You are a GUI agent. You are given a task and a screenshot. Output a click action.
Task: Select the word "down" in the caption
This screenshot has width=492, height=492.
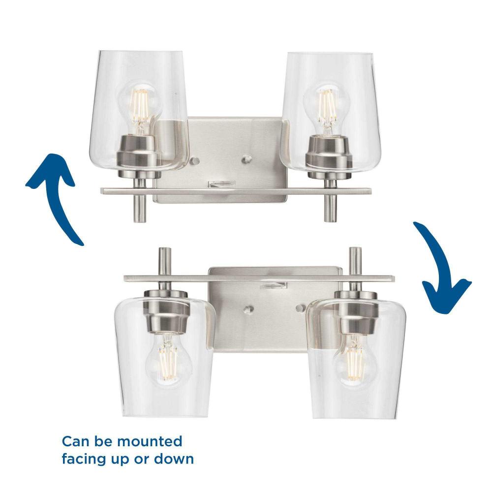174,459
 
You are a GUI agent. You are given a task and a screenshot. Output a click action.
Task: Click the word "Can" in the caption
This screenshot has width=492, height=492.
75,441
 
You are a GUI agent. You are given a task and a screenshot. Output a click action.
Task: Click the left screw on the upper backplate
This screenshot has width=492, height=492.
194,161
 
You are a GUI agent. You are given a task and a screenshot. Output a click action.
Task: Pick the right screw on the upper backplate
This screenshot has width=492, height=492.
247,159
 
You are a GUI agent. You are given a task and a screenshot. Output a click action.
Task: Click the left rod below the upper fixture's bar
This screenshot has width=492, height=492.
140,208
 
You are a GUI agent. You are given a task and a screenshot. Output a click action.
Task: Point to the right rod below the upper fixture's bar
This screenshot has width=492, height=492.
330,208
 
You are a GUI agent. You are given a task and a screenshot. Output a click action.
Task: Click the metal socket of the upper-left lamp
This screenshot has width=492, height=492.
140,156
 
